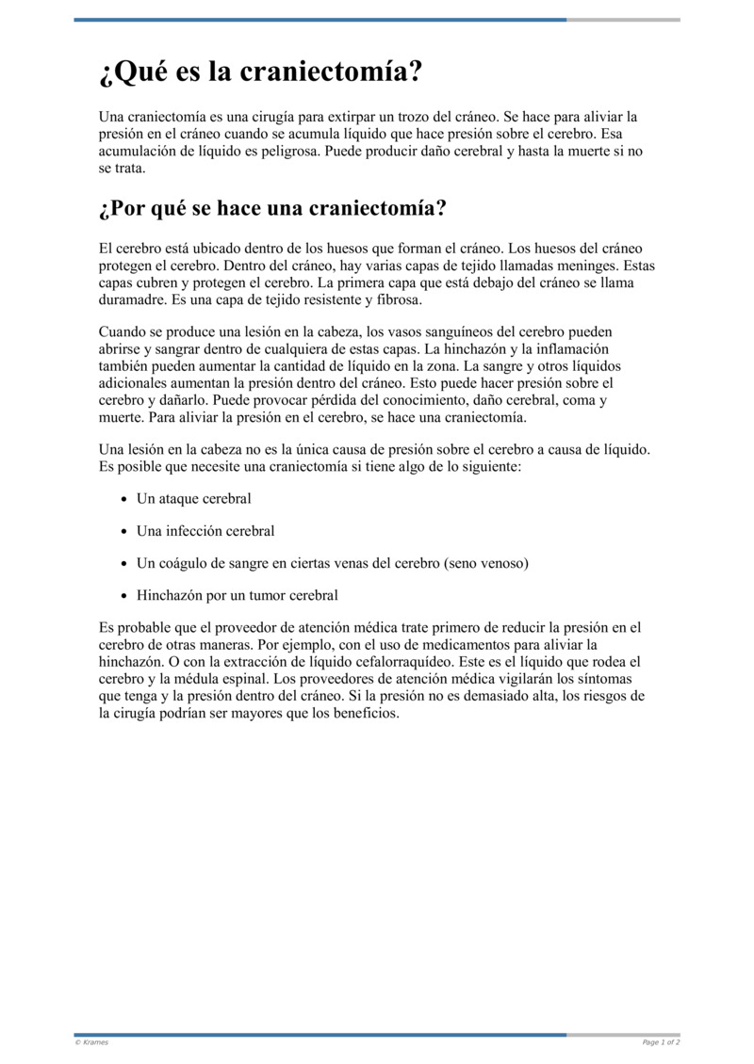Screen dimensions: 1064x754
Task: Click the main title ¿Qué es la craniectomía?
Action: coord(260,72)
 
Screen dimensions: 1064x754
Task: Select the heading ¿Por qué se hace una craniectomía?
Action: coord(272,207)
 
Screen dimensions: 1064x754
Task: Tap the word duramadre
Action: coord(130,300)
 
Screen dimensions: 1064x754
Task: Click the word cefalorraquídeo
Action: coord(390,662)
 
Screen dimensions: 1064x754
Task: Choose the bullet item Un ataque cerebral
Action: coord(194,498)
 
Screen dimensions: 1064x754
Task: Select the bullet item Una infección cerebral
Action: coord(205,531)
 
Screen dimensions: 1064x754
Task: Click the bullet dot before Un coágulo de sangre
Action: coord(123,563)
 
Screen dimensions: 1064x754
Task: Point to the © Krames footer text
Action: coord(91,1042)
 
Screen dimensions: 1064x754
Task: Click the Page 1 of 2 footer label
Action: coord(661,1042)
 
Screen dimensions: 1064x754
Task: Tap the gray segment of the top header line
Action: coord(623,20)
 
